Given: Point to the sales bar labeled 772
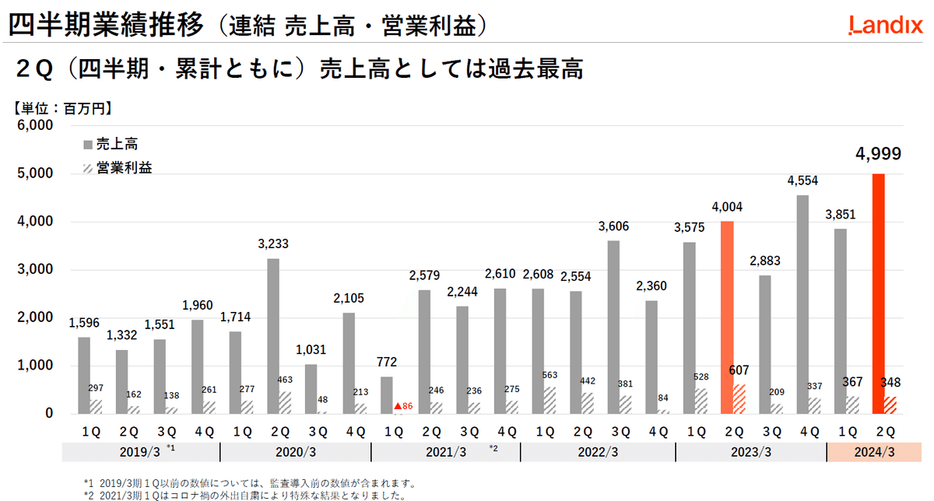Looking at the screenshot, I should click(387, 395).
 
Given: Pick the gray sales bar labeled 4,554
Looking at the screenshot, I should click(803, 304).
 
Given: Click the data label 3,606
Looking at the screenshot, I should click(613, 227).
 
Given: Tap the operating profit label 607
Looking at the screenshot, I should click(738, 371).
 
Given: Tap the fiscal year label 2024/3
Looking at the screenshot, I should click(875, 452).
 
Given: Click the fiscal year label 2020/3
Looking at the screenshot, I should click(295, 452).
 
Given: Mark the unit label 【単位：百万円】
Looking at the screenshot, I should click(63, 108).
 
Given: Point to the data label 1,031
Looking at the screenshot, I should click(311, 351).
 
